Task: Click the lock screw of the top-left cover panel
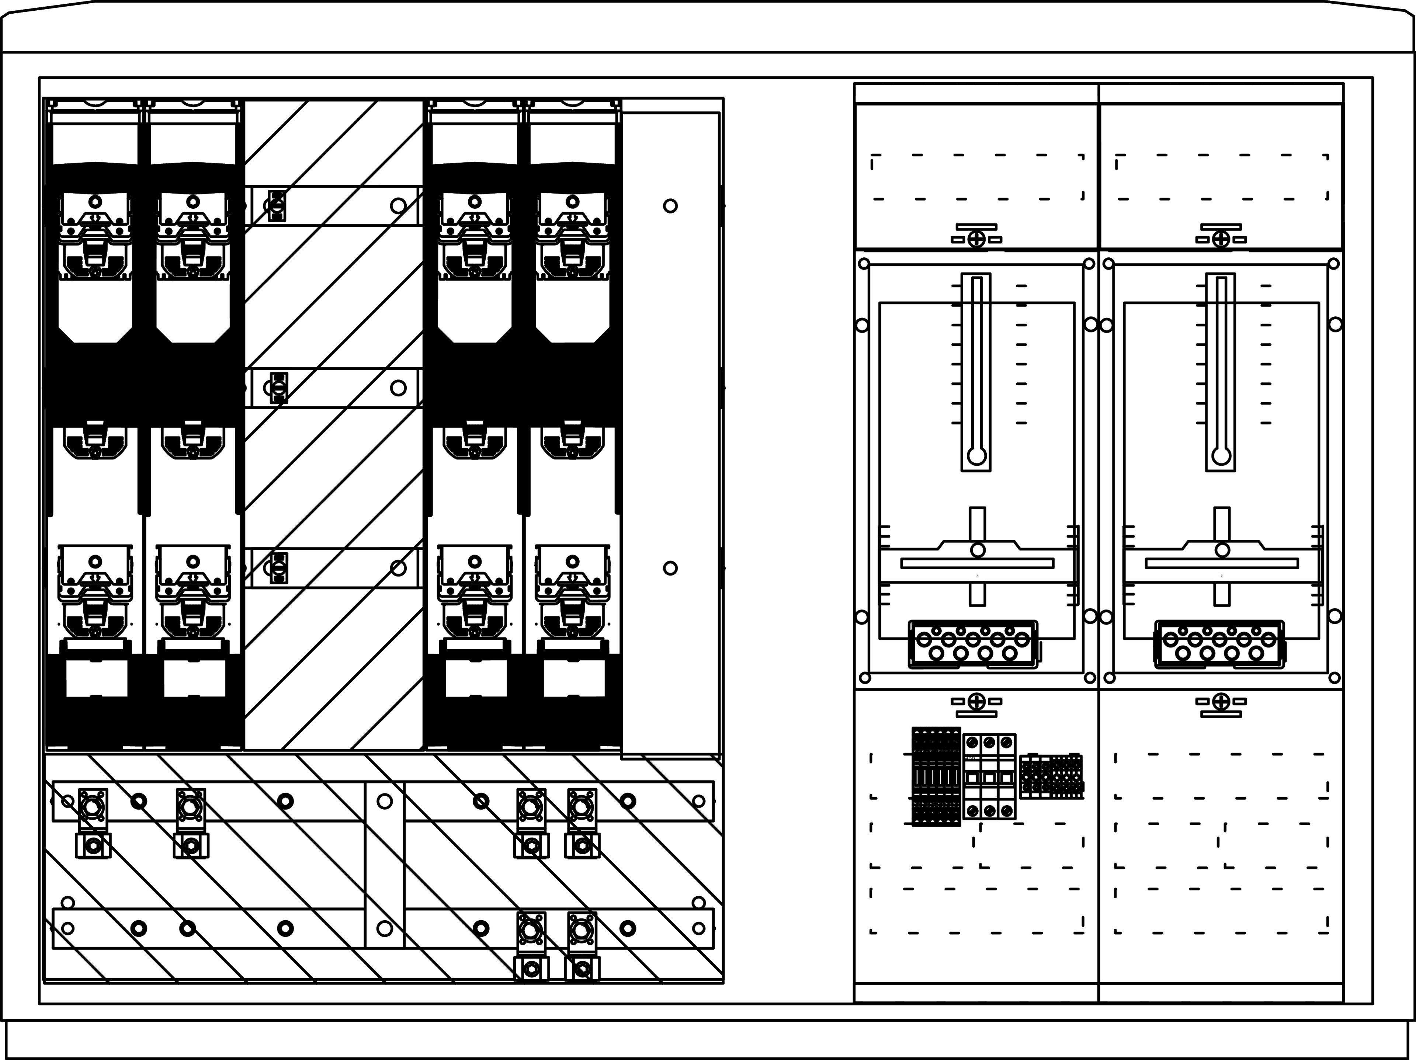pyautogui.click(x=976, y=239)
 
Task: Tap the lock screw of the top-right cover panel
pyautogui.click(x=1221, y=239)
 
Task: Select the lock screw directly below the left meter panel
pyautogui.click(x=976, y=702)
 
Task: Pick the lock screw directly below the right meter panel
pyautogui.click(x=1221, y=702)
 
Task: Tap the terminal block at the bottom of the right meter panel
pyautogui.click(x=1219, y=644)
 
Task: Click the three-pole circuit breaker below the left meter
pyautogui.click(x=989, y=776)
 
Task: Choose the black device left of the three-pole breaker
pyautogui.click(x=936, y=776)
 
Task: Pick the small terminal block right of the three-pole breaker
pyautogui.click(x=1051, y=776)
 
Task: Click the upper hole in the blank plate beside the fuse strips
pyautogui.click(x=670, y=206)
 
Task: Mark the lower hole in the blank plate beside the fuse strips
pyautogui.click(x=670, y=568)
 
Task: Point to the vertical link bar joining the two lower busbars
pyautogui.click(x=384, y=864)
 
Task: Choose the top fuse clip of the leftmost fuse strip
pyautogui.click(x=95, y=237)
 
